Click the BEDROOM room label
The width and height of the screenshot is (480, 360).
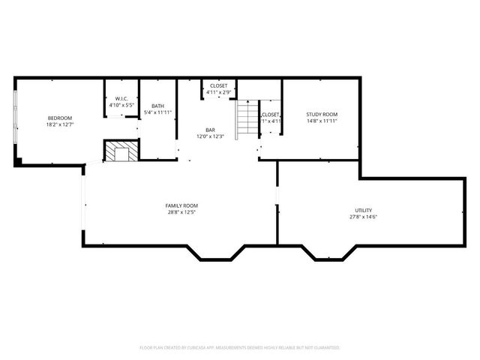click(x=59, y=118)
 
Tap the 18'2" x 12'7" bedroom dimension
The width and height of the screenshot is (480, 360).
click(x=59, y=124)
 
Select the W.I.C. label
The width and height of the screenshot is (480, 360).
click(x=121, y=99)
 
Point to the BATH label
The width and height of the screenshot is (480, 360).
click(x=157, y=106)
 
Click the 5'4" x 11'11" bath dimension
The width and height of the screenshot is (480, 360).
click(x=157, y=112)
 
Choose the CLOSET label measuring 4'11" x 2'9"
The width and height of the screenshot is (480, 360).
click(x=219, y=85)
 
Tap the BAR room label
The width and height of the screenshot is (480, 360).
click(x=211, y=130)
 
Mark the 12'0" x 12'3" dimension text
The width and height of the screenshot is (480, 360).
click(x=211, y=136)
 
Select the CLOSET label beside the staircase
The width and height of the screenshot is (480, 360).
click(x=271, y=114)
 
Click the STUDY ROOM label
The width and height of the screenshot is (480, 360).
click(x=322, y=114)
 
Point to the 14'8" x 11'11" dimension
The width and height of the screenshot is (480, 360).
click(x=322, y=121)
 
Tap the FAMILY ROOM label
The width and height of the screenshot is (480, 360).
click(x=181, y=205)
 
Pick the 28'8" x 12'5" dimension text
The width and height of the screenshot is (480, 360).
click(x=181, y=212)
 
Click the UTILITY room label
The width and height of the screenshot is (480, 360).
click(x=363, y=210)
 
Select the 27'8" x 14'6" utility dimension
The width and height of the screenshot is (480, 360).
click(x=363, y=217)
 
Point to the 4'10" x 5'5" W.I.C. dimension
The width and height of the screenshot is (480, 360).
click(x=121, y=106)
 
